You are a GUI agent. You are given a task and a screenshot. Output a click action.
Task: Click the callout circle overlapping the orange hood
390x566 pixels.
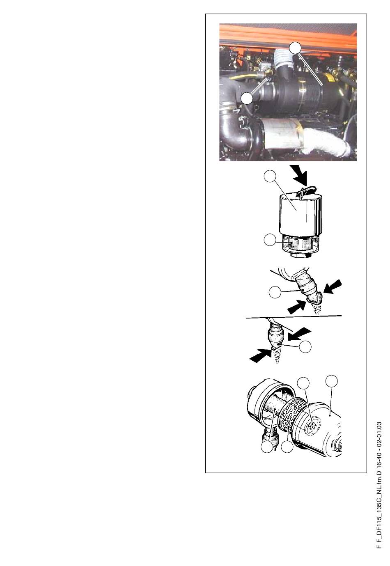[295, 48]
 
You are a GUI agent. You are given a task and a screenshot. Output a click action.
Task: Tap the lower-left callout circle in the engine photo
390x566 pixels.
[247, 98]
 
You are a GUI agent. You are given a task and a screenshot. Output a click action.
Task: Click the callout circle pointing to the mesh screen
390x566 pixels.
[269, 239]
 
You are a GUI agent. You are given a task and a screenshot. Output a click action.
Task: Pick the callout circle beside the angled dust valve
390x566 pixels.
[275, 292]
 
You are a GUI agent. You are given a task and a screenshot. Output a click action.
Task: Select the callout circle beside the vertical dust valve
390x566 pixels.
[305, 346]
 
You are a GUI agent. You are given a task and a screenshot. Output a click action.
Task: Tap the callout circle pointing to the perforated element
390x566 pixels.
[287, 446]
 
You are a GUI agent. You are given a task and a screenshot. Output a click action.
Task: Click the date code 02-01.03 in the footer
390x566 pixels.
[379, 433]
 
